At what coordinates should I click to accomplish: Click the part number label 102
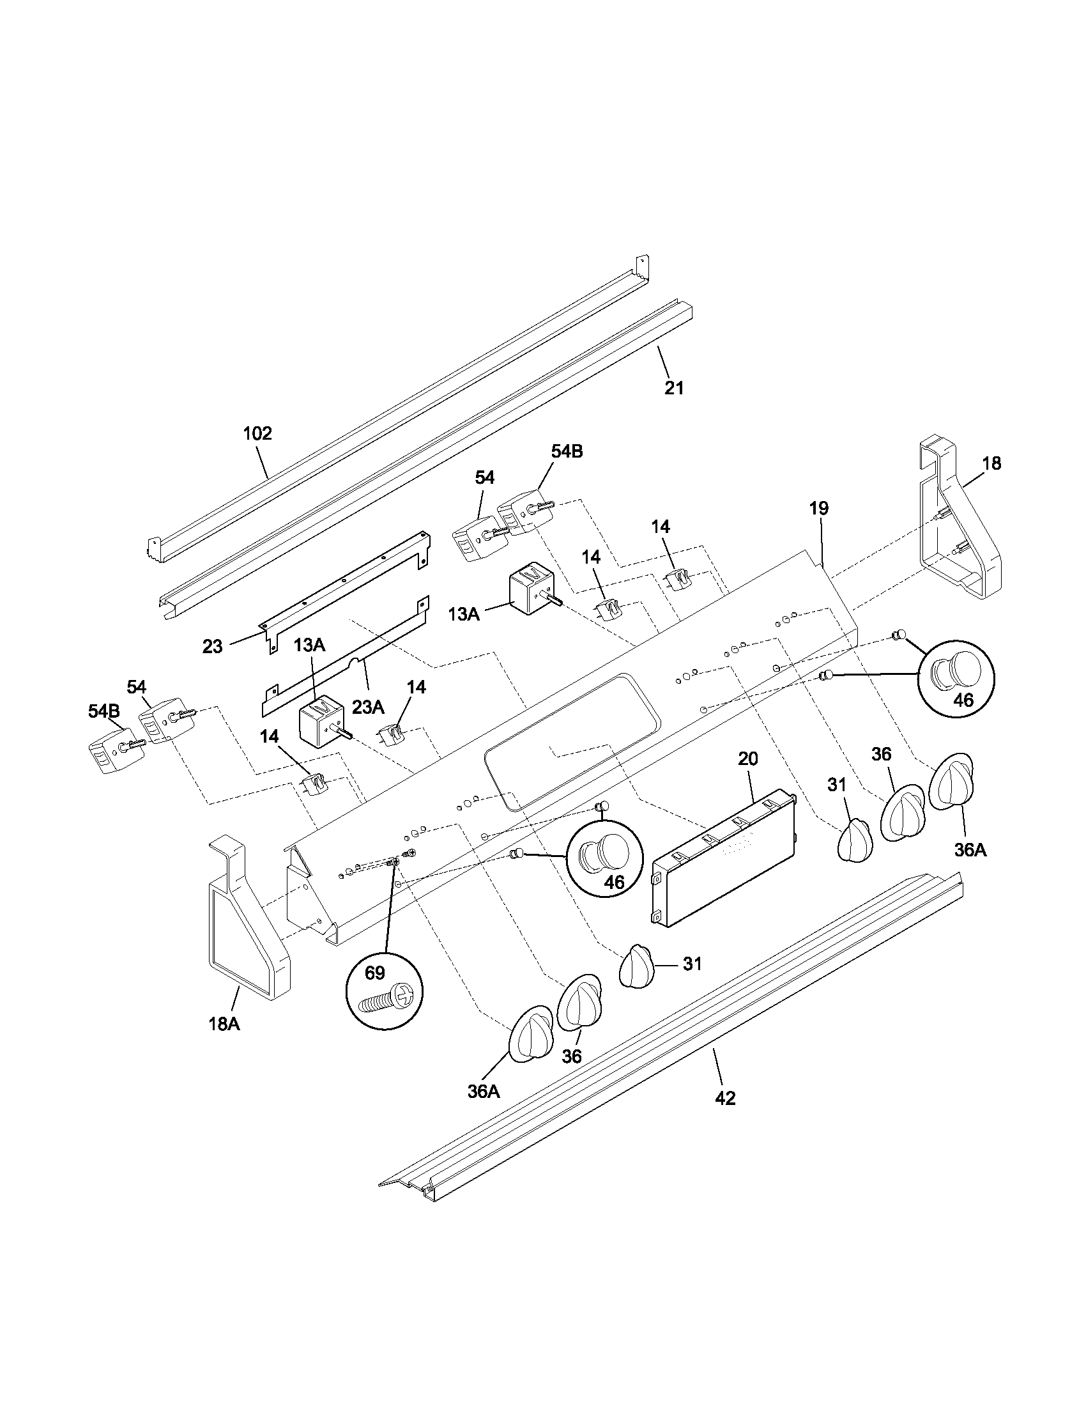[x=257, y=433]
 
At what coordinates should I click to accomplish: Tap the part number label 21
[x=673, y=388]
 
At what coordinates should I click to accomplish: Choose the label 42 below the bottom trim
[x=725, y=1098]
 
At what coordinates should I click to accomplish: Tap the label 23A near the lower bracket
[x=368, y=707]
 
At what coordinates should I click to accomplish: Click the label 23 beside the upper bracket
[x=212, y=646]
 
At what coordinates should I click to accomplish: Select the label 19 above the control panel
[x=819, y=508]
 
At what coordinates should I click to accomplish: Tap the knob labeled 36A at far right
[x=951, y=781]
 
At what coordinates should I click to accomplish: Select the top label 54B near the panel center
[x=567, y=452]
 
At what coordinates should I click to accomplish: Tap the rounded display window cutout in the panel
[x=572, y=740]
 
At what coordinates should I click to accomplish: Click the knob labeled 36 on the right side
[x=906, y=812]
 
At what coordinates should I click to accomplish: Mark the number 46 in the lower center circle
[x=614, y=882]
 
